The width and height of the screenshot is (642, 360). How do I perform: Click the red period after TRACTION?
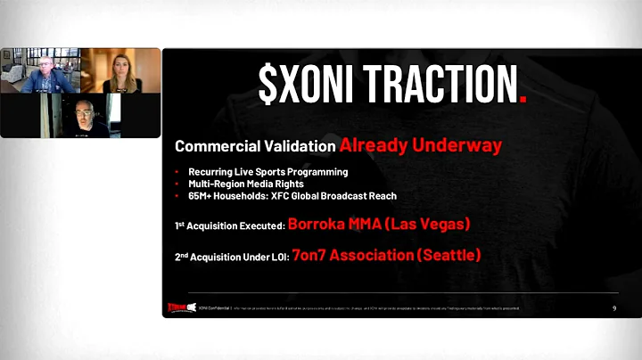[x=523, y=92]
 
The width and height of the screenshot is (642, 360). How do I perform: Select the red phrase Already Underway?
[x=420, y=144]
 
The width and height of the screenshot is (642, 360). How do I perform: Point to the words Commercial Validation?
[x=255, y=145]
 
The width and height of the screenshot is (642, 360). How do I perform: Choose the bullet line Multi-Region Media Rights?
[x=247, y=184]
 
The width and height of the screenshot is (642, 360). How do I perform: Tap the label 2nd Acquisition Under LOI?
[x=231, y=257]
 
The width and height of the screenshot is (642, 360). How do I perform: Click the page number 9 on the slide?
[x=614, y=307]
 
